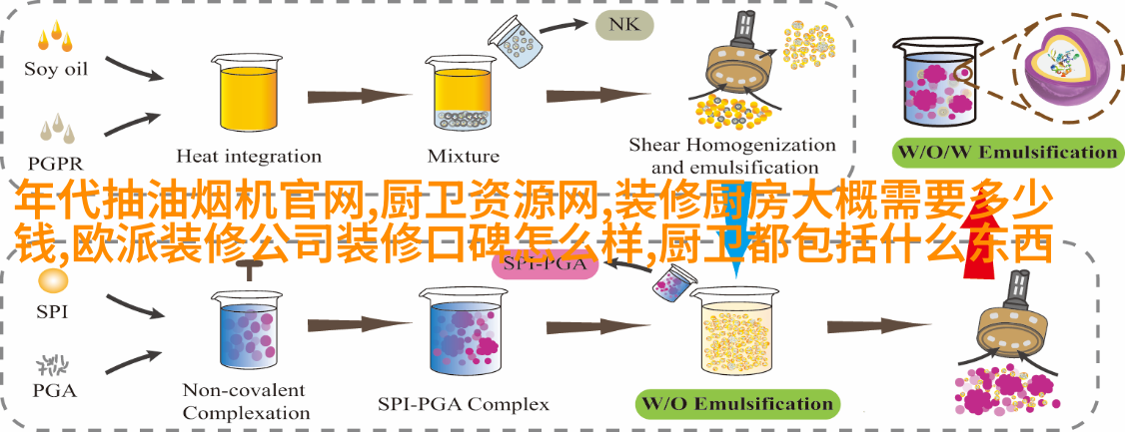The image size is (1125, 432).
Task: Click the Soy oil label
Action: point(55,70)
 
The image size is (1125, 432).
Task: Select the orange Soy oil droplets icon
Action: point(55,37)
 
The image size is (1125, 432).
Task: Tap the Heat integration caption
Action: point(249,156)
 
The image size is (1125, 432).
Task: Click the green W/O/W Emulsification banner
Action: point(1007,152)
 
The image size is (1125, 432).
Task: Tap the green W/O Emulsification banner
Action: point(737,403)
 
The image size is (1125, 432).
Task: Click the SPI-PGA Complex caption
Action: point(464,404)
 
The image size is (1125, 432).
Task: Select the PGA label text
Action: point(55,391)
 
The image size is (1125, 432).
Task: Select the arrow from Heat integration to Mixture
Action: point(358,96)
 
